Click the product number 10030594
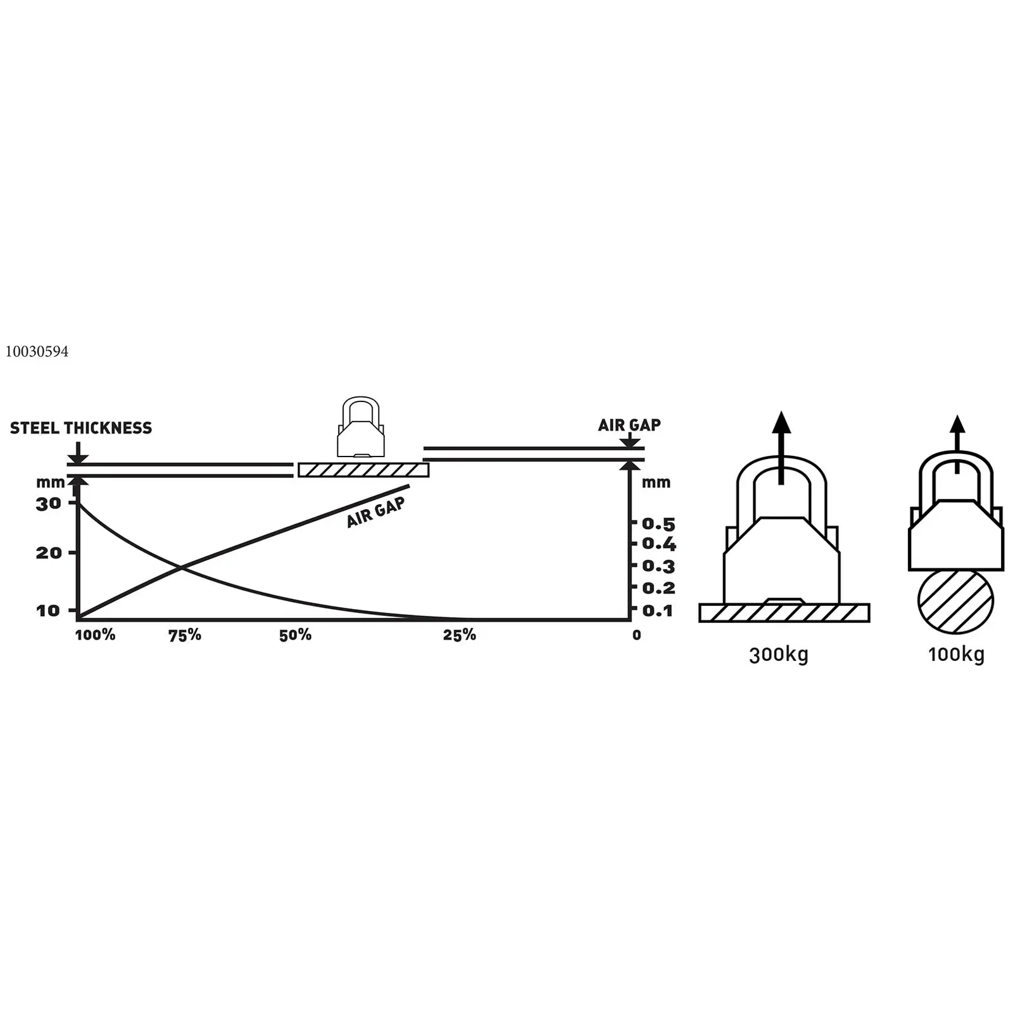coord(37,352)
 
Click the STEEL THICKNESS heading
coord(81,429)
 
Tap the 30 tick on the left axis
coord(49,504)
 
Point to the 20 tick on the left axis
coord(49,553)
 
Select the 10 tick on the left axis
coord(48,611)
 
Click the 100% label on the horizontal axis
coord(96,635)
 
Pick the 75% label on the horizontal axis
coord(185,635)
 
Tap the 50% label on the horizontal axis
coord(296,635)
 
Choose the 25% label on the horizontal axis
coord(460,635)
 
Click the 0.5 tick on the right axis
coord(659,524)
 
